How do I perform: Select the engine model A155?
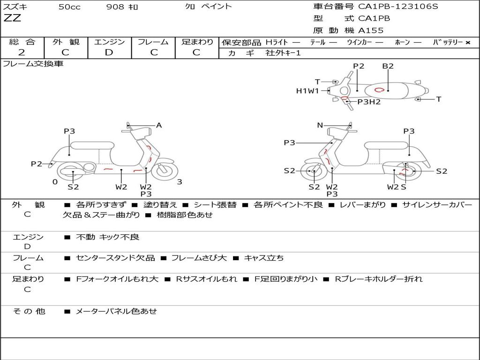point(371,30)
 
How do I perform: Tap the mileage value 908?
point(115,7)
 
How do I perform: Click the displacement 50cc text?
point(69,7)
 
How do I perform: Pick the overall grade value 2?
point(22,52)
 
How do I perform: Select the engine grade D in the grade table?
point(109,52)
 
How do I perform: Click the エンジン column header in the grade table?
point(109,42)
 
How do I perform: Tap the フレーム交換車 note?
point(33,64)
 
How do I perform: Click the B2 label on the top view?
point(388,66)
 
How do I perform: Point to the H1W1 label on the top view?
point(307,91)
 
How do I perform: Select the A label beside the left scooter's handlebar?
point(159,125)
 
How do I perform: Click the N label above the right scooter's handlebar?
point(320,125)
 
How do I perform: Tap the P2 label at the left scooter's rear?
point(37,164)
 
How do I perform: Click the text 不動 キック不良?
point(107,237)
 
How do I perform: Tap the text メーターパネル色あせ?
point(116,311)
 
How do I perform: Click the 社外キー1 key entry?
point(283,53)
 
